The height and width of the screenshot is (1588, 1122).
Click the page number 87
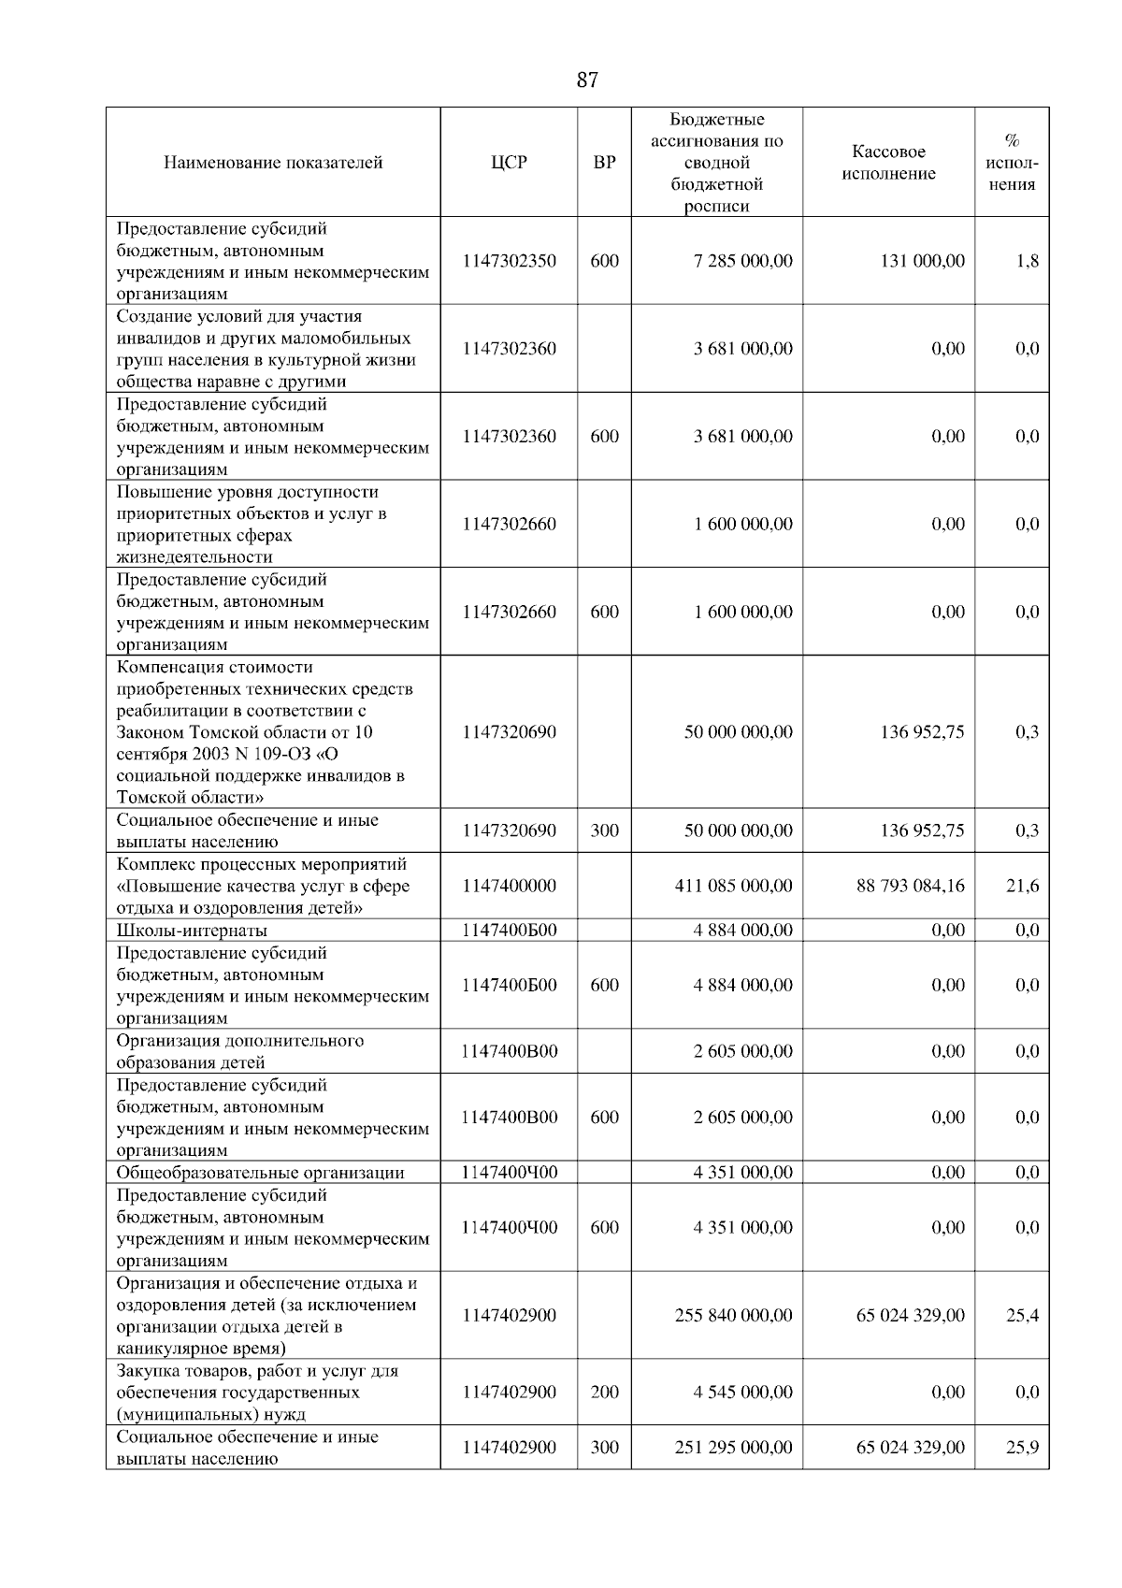click(587, 80)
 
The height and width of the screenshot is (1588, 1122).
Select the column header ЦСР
click(509, 163)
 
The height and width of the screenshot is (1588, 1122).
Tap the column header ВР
click(605, 163)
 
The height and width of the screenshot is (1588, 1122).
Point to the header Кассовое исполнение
click(888, 163)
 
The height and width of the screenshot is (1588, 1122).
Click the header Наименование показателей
click(273, 163)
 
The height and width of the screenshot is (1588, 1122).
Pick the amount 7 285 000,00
click(742, 261)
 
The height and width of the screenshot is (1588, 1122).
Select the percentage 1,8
click(1027, 261)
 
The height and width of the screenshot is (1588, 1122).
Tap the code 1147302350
click(509, 261)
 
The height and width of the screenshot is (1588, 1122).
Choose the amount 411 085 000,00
click(733, 886)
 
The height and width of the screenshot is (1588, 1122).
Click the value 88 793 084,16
click(910, 886)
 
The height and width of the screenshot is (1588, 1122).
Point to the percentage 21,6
click(1022, 886)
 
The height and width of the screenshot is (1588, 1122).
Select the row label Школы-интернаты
click(192, 931)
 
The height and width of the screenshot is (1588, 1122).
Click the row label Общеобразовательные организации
click(260, 1173)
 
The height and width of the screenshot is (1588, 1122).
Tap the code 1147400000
click(509, 886)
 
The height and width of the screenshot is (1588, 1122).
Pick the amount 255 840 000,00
click(733, 1316)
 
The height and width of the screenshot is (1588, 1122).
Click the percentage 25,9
click(1022, 1448)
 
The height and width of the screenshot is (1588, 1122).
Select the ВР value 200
click(605, 1393)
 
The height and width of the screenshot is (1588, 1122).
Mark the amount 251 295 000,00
click(733, 1448)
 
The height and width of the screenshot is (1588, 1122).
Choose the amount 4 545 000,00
click(742, 1393)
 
